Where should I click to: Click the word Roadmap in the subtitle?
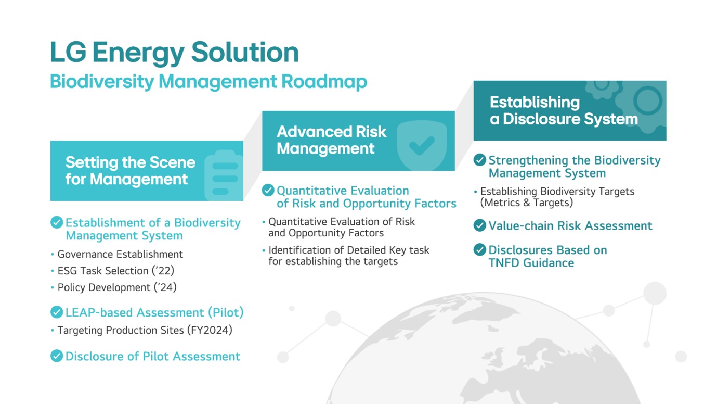(324, 81)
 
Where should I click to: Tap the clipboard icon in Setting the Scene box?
(224, 175)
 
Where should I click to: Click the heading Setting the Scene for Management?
(131, 171)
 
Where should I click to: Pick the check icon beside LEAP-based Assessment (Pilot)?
(57, 312)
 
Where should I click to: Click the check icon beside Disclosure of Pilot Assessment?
(57, 356)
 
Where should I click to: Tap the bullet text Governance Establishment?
(120, 254)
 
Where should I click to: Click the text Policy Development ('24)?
(117, 287)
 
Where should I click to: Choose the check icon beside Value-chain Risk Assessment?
(479, 225)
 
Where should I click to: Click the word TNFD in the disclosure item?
(504, 263)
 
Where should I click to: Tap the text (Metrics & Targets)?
(527, 203)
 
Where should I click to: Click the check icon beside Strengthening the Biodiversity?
(479, 159)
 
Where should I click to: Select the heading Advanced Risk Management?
(332, 140)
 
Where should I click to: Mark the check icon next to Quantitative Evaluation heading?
(268, 190)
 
